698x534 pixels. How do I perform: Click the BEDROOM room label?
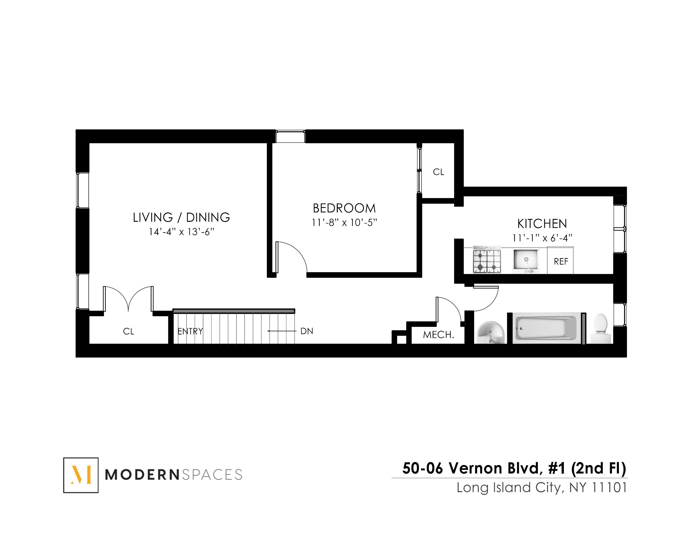(x=344, y=208)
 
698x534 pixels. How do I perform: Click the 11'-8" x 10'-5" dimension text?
(x=344, y=222)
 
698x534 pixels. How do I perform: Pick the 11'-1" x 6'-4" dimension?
(x=542, y=238)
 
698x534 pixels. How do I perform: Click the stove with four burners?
(x=486, y=260)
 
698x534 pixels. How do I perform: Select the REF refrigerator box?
(x=560, y=261)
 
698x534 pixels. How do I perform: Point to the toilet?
(x=600, y=328)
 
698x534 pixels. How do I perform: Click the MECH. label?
(x=438, y=335)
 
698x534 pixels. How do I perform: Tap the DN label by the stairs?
(x=307, y=331)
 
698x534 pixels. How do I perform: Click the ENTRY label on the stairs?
(x=190, y=331)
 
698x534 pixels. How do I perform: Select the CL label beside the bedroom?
(x=438, y=172)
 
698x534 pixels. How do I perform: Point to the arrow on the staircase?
(x=281, y=331)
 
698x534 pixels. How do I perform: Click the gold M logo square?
(x=81, y=475)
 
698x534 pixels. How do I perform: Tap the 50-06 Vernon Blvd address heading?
(x=514, y=468)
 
